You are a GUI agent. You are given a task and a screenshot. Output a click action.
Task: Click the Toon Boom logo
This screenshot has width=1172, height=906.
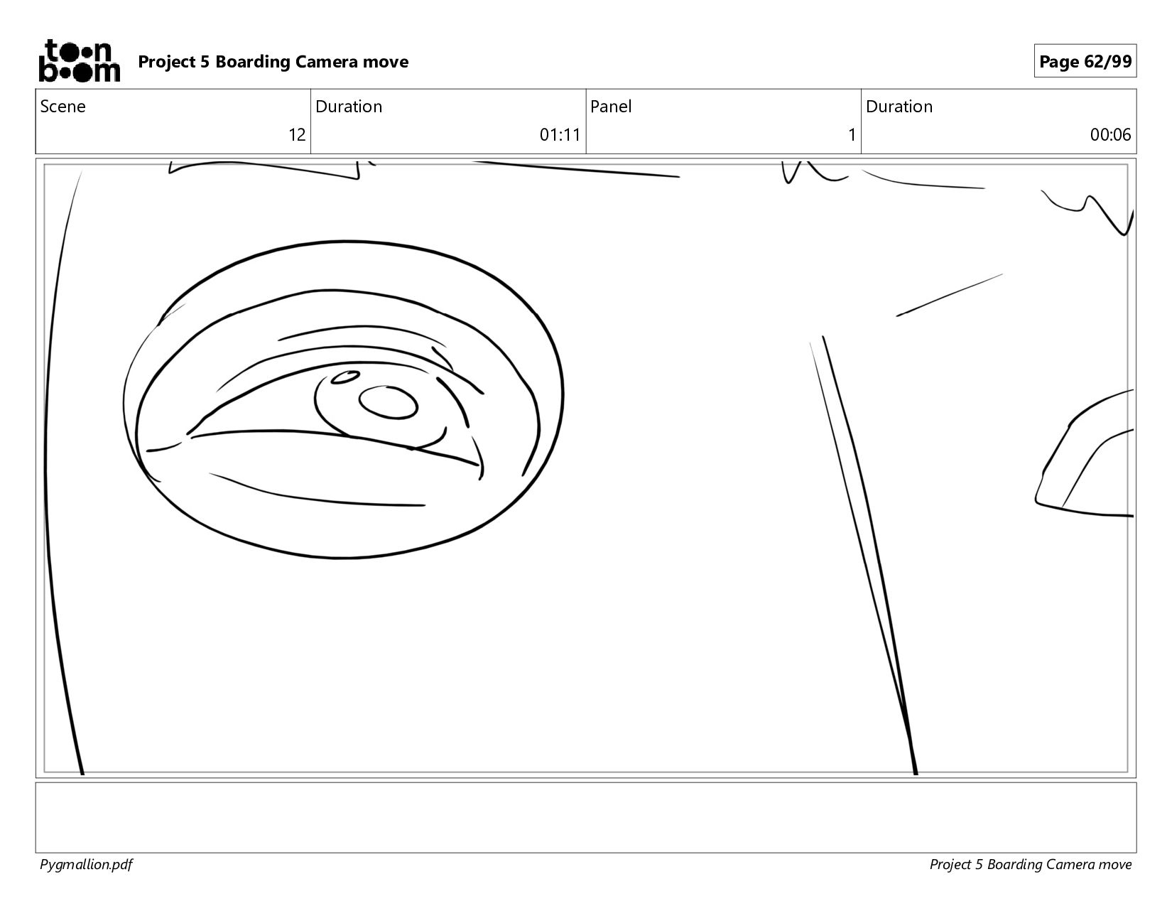pyautogui.click(x=80, y=61)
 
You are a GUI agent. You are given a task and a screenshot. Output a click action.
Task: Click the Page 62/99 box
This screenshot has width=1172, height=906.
pyautogui.click(x=1085, y=61)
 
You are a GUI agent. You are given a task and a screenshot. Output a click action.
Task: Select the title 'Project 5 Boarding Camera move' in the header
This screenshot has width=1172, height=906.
pyautogui.click(x=273, y=62)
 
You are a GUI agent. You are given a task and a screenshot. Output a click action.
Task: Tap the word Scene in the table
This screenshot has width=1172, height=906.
pyautogui.click(x=63, y=107)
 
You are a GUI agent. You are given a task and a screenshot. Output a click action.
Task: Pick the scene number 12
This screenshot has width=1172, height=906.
pyautogui.click(x=297, y=134)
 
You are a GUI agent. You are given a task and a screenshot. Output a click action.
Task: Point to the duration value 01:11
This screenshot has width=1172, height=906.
pyautogui.click(x=560, y=134)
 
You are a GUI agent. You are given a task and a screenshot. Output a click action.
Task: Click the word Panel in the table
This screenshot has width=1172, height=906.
pyautogui.click(x=611, y=107)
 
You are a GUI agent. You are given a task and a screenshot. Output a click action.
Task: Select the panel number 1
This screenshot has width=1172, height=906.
pyautogui.click(x=852, y=134)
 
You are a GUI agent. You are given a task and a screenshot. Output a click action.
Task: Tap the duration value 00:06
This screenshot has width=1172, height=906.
pyautogui.click(x=1110, y=134)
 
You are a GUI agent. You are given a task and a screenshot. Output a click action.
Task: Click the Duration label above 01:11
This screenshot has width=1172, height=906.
pyautogui.click(x=349, y=107)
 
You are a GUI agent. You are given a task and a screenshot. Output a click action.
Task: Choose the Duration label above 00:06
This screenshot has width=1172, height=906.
pyautogui.click(x=899, y=107)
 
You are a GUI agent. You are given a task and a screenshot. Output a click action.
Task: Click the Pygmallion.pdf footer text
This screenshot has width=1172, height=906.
pyautogui.click(x=86, y=865)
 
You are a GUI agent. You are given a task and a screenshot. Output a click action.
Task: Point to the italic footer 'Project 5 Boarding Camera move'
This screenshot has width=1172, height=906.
pyautogui.click(x=1030, y=865)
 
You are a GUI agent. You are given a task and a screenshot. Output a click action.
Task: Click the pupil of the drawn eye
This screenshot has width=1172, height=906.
pyautogui.click(x=389, y=402)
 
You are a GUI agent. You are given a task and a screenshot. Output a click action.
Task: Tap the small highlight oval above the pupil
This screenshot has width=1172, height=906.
pyautogui.click(x=345, y=377)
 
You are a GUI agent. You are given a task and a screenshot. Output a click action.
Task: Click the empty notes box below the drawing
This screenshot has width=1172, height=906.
pyautogui.click(x=586, y=817)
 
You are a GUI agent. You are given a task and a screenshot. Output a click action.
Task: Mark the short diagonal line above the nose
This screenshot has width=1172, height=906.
pyautogui.click(x=949, y=295)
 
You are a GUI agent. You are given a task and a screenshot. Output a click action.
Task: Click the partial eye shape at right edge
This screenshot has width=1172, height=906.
pyautogui.click(x=1084, y=453)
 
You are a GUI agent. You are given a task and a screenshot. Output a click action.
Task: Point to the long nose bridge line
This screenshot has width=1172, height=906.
pyautogui.click(x=869, y=556)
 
